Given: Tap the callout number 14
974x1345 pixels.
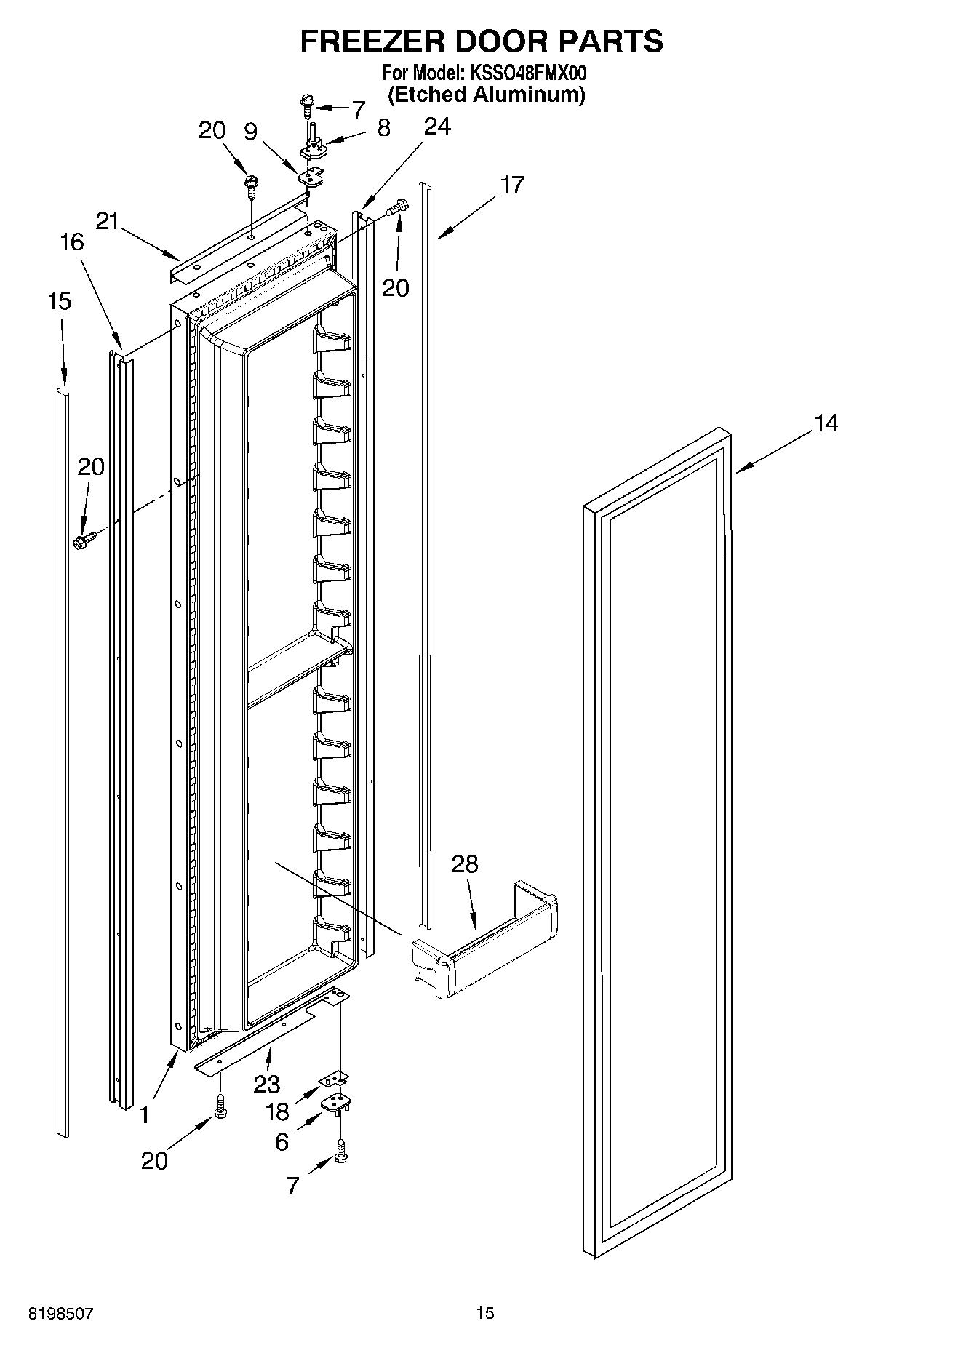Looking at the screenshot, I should (826, 423).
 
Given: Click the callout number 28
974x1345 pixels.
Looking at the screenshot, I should (465, 864).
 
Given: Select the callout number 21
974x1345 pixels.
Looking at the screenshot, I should (107, 221).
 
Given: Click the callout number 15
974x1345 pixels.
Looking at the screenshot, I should (60, 300).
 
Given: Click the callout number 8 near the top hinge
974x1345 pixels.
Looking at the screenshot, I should (384, 128).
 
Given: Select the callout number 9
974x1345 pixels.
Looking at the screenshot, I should (250, 132).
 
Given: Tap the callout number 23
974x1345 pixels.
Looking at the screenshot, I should (267, 1085).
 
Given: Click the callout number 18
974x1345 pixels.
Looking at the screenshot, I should (277, 1111).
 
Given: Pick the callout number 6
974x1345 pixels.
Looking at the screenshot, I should (282, 1141).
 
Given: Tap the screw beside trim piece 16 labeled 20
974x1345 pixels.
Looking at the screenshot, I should (84, 540).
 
